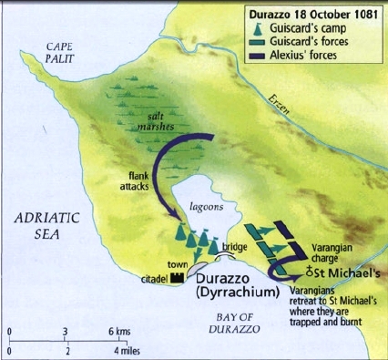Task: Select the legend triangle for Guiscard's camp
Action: [x=266, y=29]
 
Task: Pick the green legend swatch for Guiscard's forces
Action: [x=266, y=42]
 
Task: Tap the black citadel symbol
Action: [x=178, y=276]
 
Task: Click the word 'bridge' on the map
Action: [x=234, y=248]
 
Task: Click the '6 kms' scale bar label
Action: [x=126, y=330]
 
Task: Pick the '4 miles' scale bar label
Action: [x=128, y=350]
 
